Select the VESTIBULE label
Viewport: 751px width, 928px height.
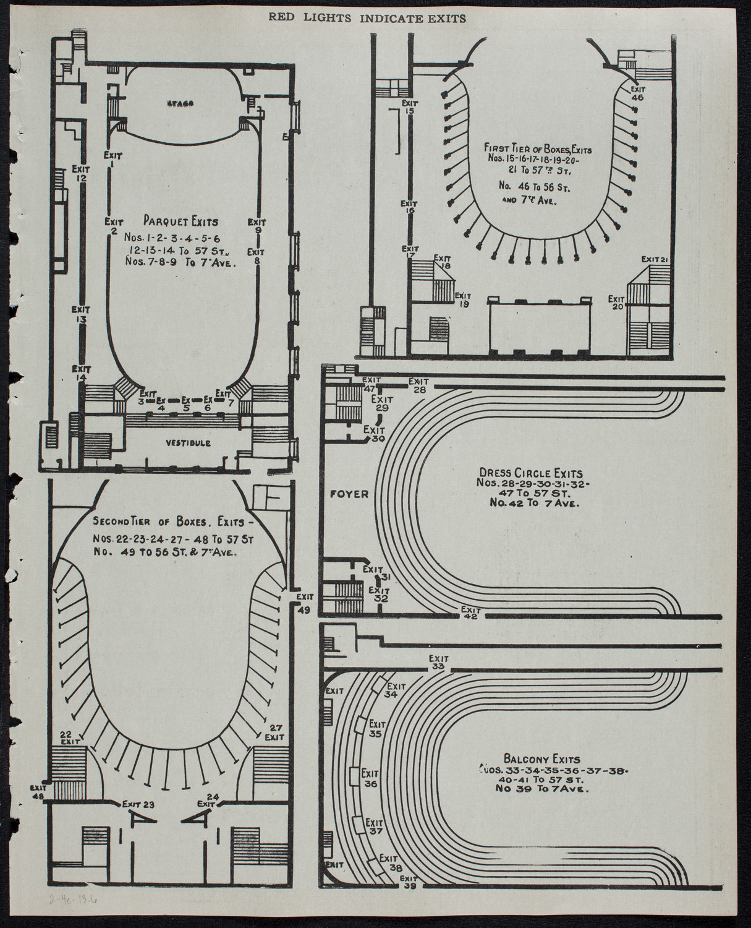click(189, 443)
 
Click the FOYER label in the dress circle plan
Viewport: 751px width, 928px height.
click(349, 494)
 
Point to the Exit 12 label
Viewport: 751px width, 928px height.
click(81, 174)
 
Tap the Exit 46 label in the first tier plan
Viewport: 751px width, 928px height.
click(637, 93)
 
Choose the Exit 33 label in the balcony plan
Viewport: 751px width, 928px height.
click(438, 663)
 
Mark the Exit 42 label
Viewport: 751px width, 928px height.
click(470, 612)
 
